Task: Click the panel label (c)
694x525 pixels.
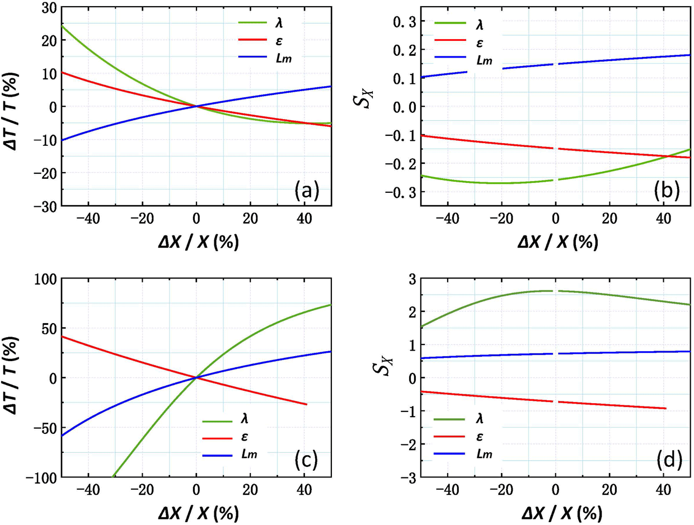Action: tap(306, 460)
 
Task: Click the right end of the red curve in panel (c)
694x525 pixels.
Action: tap(306, 404)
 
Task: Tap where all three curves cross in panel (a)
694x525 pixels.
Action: tap(196, 106)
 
